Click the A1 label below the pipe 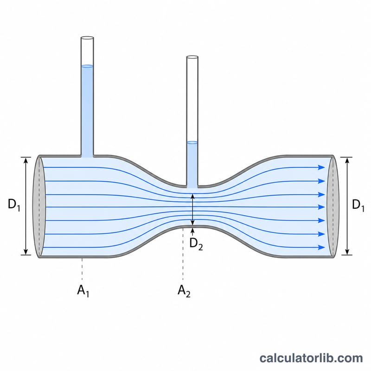pos(83,291)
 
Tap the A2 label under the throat pos(184,291)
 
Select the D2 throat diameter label pos(196,244)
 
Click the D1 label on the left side pos(14,205)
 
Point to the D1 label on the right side pos(358,205)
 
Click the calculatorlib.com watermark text pos(311,358)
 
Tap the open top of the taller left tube pos(87,38)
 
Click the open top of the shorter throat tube pos(192,57)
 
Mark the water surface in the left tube pos(87,66)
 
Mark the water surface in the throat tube pos(192,142)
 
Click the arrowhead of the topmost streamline pos(322,167)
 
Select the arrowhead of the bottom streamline pos(322,248)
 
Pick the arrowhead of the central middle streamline pos(322,207)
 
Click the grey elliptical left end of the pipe pos(39,206)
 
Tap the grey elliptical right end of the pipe pos(333,206)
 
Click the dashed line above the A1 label pos(82,269)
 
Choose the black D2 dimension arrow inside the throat pos(192,210)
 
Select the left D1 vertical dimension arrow pos(26,206)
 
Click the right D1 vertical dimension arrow pos(347,206)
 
